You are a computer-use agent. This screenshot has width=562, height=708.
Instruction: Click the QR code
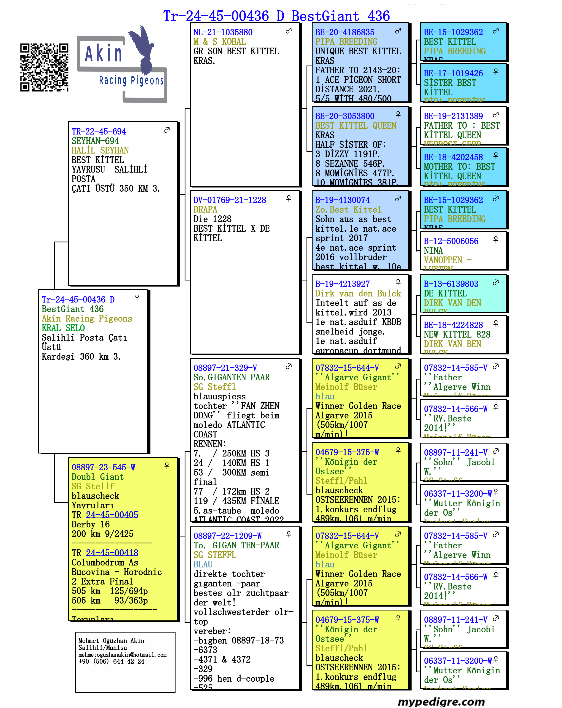(x=44, y=67)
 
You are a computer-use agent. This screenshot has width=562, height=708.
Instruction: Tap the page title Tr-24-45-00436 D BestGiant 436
(x=276, y=16)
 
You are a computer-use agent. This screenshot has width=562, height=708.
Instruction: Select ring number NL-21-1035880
(x=223, y=32)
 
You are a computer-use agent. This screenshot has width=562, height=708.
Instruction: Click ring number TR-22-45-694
(x=99, y=131)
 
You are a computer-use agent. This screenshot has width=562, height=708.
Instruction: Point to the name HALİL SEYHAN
(x=100, y=150)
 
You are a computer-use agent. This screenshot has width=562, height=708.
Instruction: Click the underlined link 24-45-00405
(x=112, y=515)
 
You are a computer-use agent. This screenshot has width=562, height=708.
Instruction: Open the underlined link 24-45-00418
(x=112, y=553)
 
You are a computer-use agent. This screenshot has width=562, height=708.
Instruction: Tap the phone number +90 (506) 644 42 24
(x=111, y=661)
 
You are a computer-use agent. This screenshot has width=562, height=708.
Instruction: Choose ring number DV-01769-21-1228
(x=230, y=200)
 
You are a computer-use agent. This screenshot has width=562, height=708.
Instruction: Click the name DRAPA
(x=205, y=210)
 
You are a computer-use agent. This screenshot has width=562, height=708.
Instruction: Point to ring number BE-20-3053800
(x=345, y=116)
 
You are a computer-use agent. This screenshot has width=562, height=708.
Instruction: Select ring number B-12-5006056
(x=451, y=241)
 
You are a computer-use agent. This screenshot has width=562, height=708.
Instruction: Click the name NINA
(x=433, y=251)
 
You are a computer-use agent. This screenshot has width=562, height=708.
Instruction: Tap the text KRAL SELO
(x=63, y=328)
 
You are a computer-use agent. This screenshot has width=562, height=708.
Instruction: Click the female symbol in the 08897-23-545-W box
(x=167, y=466)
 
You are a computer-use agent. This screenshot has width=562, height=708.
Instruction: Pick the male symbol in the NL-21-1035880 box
(x=289, y=31)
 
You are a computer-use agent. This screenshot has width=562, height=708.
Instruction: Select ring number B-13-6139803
(x=451, y=284)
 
